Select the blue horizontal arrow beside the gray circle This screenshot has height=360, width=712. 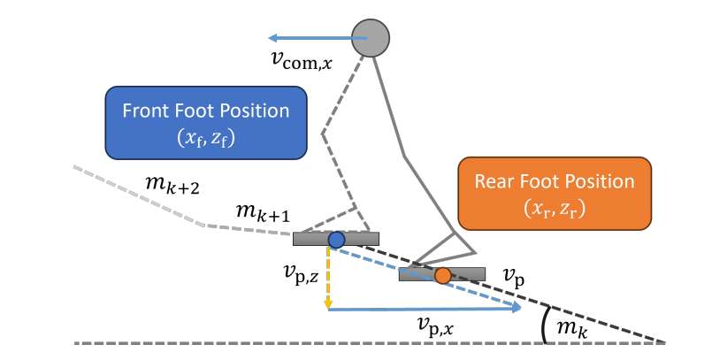[310, 38]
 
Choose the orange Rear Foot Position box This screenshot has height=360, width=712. [555, 192]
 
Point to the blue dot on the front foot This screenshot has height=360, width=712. [336, 240]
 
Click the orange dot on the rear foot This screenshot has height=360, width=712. [443, 275]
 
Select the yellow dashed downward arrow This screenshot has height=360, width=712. [328, 279]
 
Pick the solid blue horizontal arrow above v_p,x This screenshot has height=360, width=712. [425, 309]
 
